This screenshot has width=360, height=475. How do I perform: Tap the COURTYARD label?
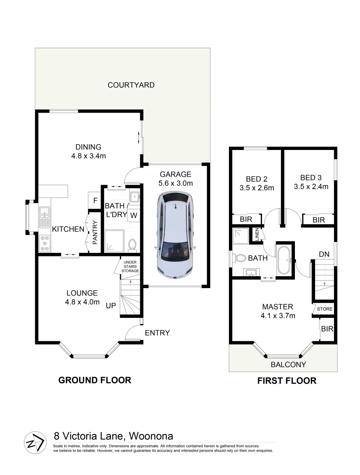coord(131,85)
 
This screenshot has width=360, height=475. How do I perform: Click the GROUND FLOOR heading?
coord(95,380)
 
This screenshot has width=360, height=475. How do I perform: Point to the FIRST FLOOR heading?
coord(287,381)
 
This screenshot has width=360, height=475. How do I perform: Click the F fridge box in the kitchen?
coord(95,201)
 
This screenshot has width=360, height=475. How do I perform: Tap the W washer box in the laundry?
coord(133,215)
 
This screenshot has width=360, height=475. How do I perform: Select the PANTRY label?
coord(95,233)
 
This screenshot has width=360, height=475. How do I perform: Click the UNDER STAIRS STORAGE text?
coord(131,267)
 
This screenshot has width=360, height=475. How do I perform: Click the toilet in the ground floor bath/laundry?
coord(131,244)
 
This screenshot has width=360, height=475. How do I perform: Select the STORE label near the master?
coord(325,309)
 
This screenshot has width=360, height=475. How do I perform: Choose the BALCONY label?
coord(288,365)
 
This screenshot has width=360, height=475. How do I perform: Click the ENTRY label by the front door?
coord(157,333)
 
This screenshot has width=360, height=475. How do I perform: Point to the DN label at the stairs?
coord(324,254)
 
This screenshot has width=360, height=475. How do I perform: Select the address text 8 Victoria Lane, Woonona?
coord(113,436)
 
